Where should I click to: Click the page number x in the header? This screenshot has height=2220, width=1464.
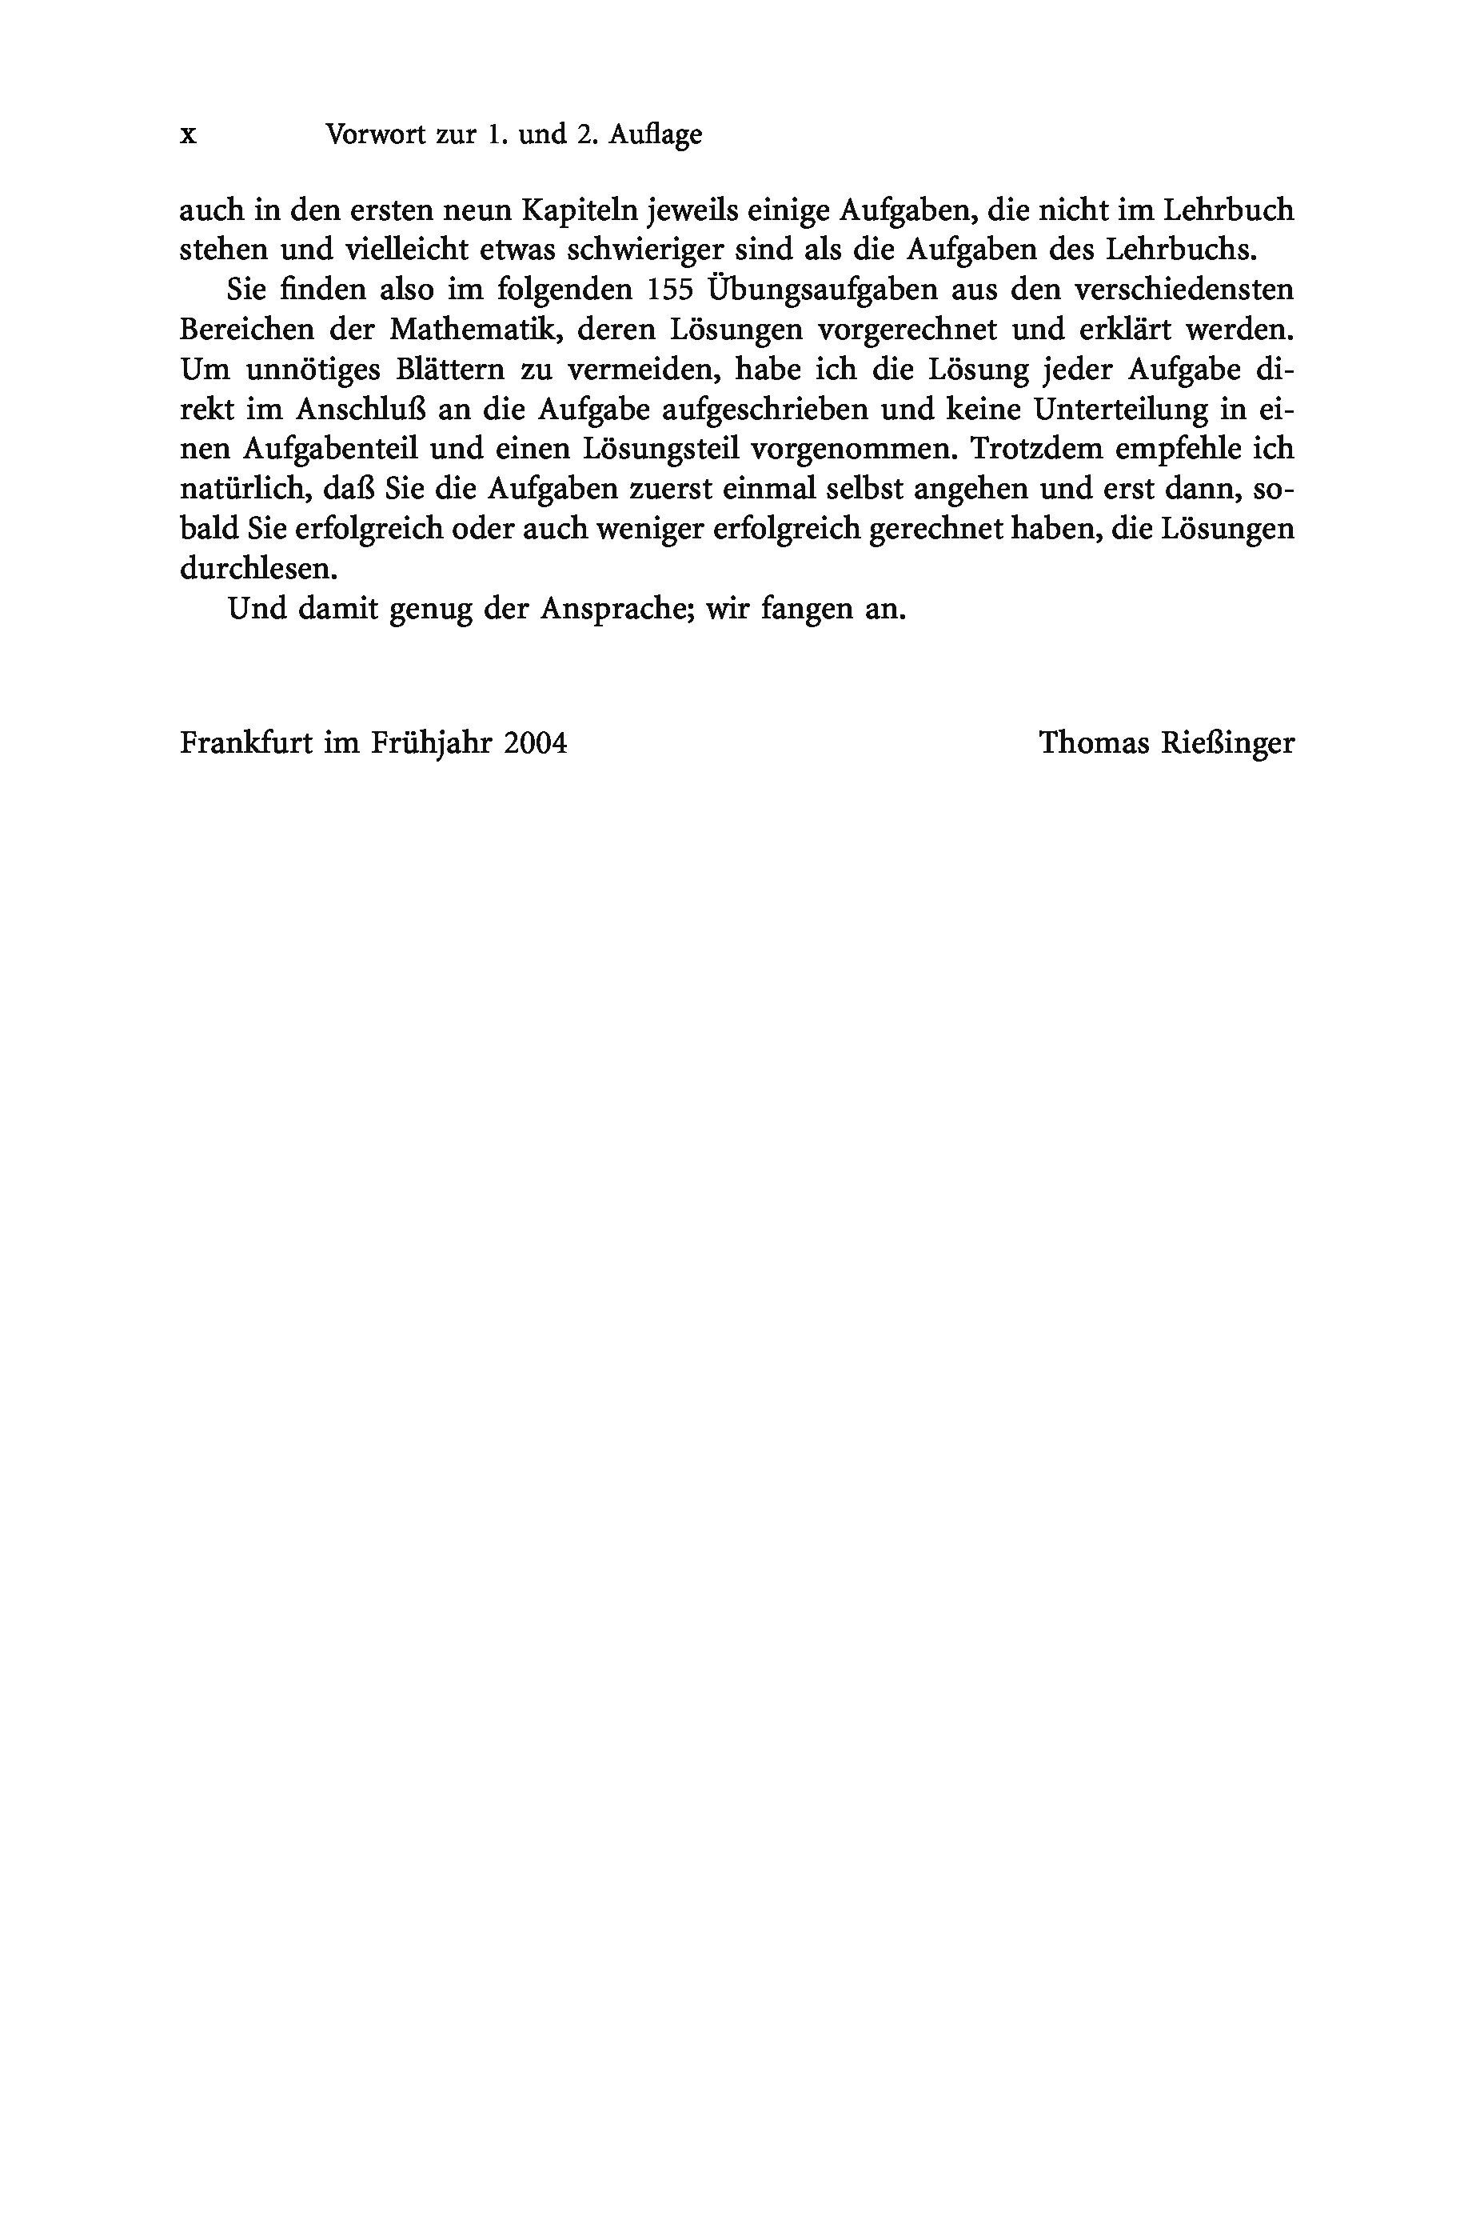coord(189,136)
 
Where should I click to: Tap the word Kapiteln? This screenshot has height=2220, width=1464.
coord(579,210)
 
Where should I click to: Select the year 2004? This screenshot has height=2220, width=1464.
coord(535,743)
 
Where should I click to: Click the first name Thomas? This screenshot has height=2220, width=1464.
coord(1095,743)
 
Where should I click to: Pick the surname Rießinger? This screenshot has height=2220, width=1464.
coord(1228,744)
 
